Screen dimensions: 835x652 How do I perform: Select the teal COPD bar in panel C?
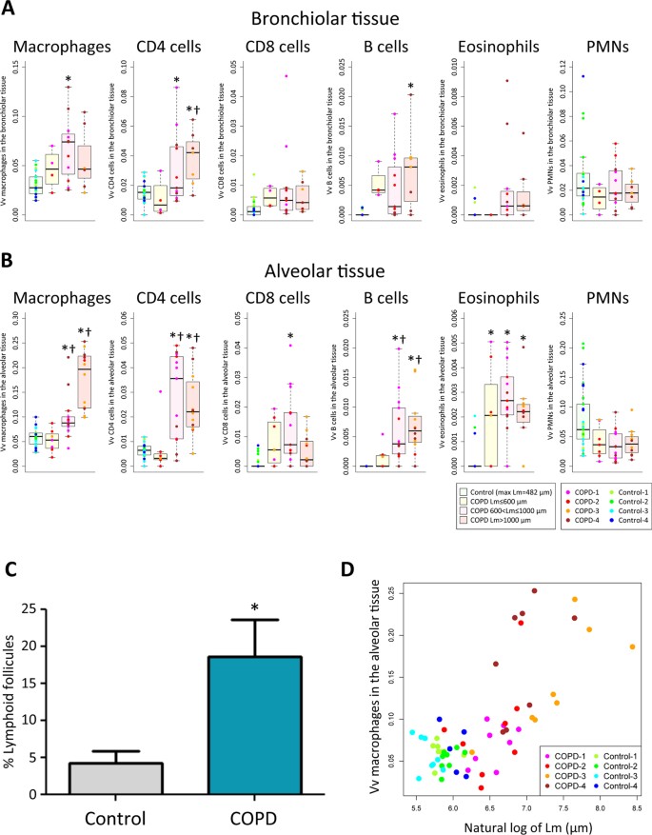click(x=241, y=725)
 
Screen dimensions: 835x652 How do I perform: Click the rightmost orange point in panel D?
click(x=632, y=647)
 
